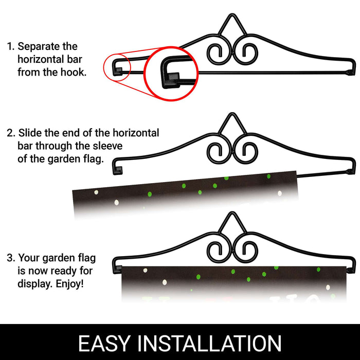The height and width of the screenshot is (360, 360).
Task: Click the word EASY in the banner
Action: [x=104, y=343]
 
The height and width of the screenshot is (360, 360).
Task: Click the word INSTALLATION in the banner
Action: [x=209, y=343]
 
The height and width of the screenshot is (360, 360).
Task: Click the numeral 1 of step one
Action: [x=9, y=47]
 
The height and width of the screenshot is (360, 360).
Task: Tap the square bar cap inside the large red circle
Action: [x=171, y=80]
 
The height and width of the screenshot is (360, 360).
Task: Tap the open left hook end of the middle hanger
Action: [x=118, y=170]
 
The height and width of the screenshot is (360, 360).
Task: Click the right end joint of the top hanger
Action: [x=351, y=73]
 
